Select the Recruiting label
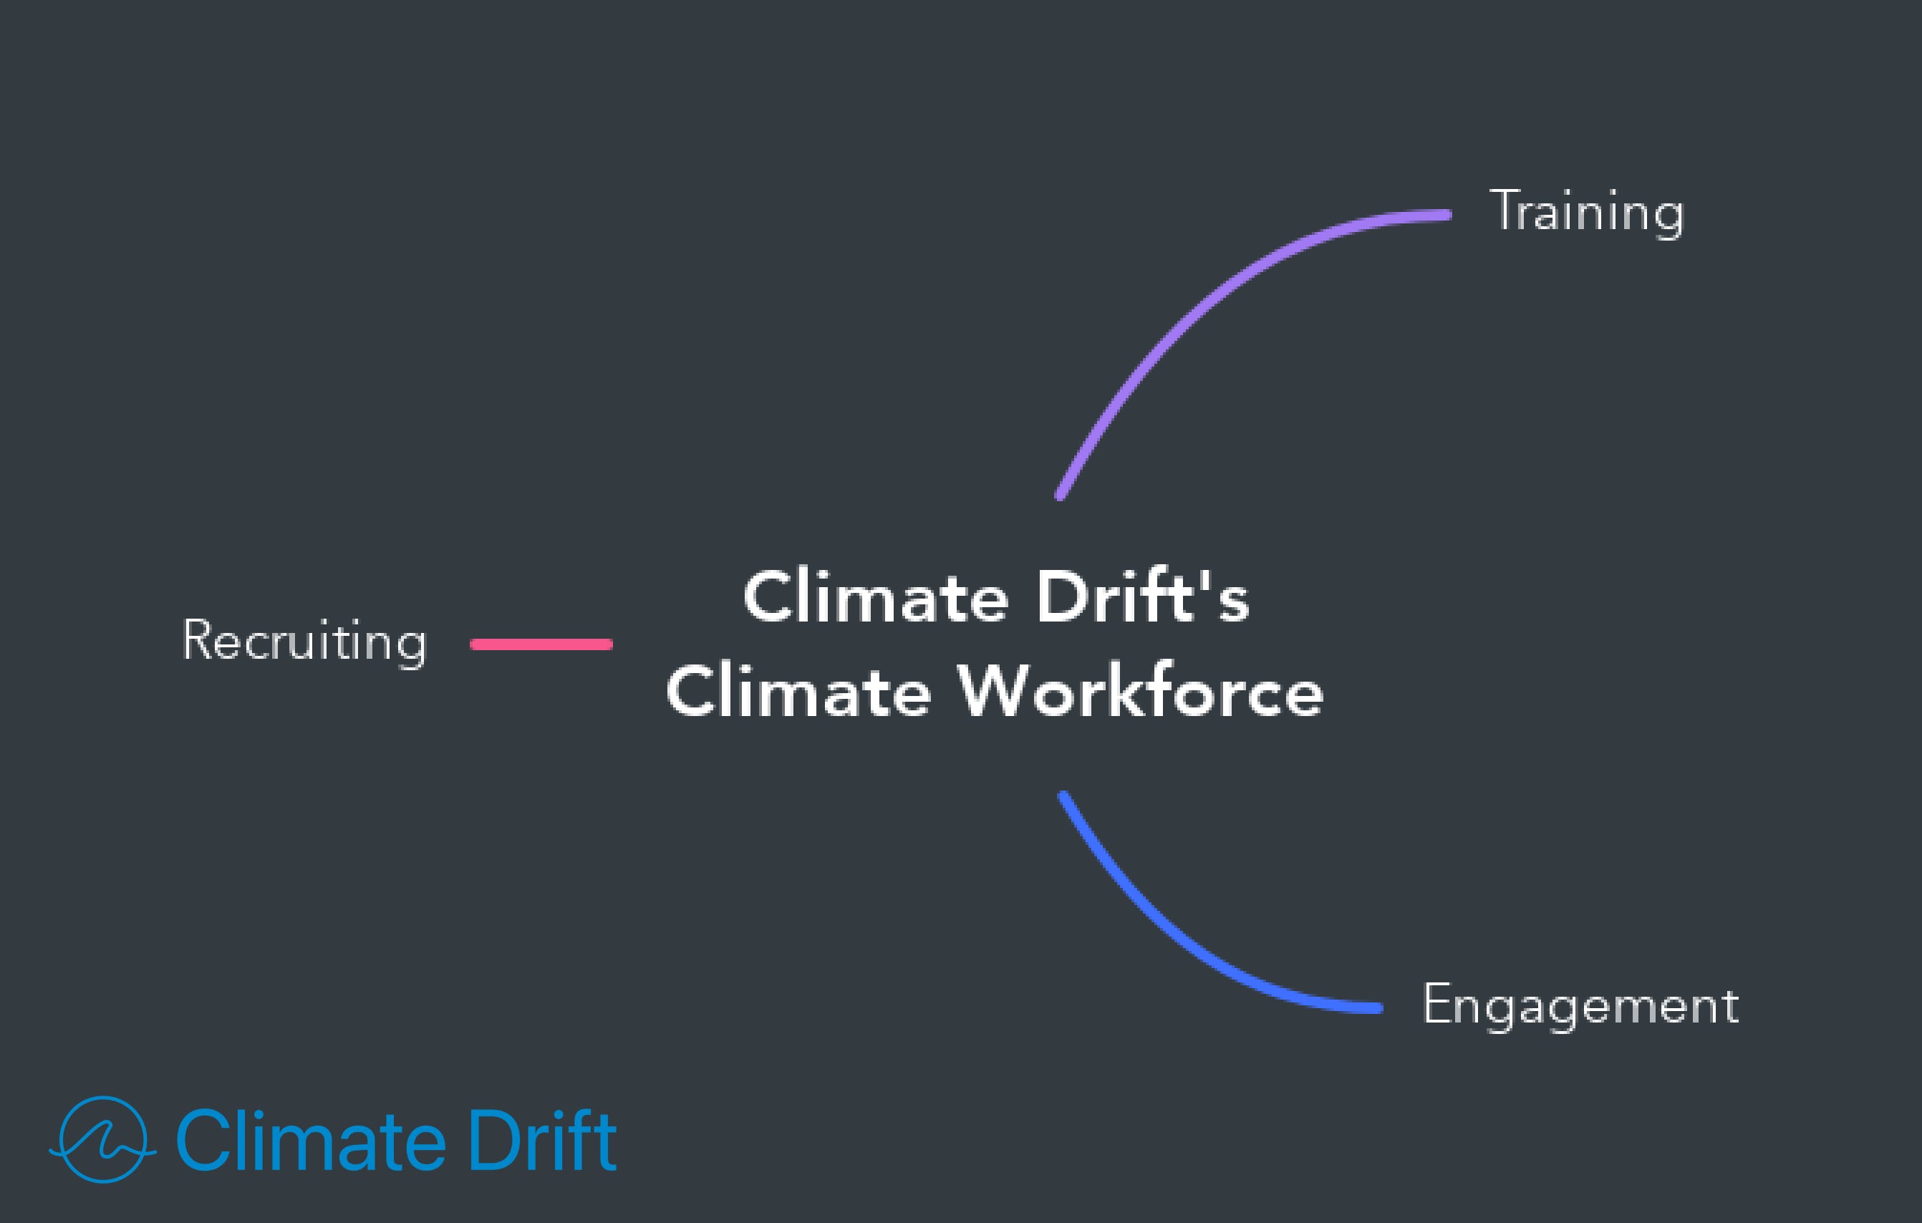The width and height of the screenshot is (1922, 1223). click(x=305, y=640)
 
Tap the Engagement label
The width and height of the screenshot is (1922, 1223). click(x=1580, y=1005)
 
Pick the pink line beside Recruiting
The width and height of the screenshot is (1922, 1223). click(x=541, y=644)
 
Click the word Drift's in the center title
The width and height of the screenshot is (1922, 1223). click(x=1142, y=597)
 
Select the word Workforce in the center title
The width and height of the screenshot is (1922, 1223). click(x=1141, y=691)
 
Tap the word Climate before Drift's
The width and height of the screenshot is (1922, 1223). click(x=876, y=597)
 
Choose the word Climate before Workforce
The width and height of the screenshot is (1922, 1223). click(x=799, y=691)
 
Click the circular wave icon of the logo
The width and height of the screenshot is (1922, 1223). click(x=103, y=1139)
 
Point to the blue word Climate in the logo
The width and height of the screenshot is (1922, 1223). click(x=309, y=1141)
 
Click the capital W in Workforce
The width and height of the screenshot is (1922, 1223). click(x=992, y=690)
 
